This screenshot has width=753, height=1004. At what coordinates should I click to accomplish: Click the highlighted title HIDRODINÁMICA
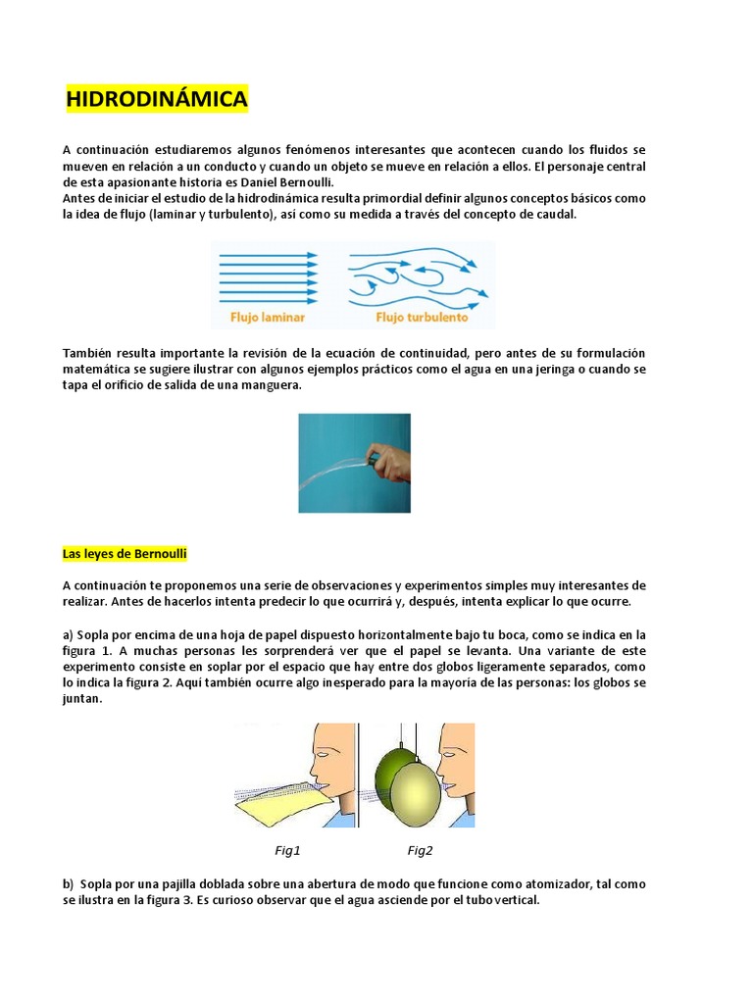tap(156, 99)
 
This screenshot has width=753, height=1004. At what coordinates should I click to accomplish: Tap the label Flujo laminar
tap(268, 318)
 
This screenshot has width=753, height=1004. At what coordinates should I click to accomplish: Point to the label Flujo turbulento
tap(422, 318)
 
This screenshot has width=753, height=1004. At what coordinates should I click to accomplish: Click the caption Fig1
tap(287, 850)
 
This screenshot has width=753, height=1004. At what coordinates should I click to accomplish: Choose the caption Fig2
tap(421, 850)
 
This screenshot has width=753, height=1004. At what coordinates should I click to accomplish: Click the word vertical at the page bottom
tap(516, 899)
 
